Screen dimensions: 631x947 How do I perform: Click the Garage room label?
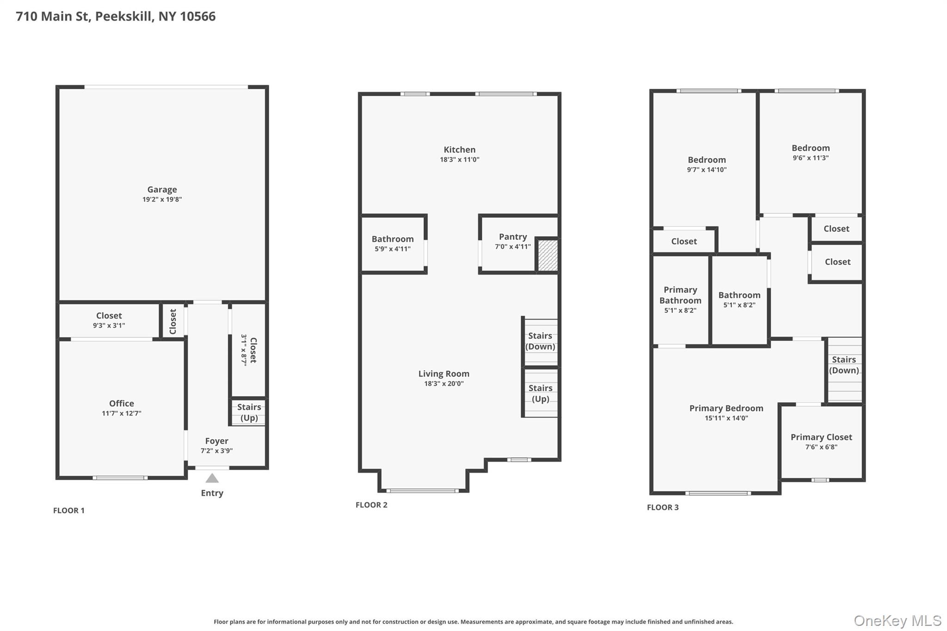(162, 190)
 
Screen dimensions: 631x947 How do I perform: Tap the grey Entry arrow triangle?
(212, 478)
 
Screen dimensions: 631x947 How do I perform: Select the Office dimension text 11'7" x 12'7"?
(122, 414)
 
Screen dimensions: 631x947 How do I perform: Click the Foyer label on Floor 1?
(216, 441)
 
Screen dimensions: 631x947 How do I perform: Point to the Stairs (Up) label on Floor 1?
(249, 412)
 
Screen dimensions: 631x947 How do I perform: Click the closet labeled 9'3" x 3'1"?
(109, 320)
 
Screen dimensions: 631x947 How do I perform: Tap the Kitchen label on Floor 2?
(459, 150)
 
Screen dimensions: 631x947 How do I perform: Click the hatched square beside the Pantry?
(548, 255)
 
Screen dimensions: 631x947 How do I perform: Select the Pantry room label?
(513, 237)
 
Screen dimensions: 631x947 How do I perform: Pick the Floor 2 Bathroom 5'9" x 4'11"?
(393, 244)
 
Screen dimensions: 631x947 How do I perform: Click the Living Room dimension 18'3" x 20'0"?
(444, 384)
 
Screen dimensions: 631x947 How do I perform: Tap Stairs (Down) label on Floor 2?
(540, 341)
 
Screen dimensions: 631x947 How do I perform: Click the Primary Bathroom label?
(680, 295)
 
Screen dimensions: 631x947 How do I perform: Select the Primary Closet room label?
(821, 437)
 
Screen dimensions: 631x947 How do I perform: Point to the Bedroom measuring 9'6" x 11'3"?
(811, 153)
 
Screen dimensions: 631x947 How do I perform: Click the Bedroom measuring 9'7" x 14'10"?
(707, 165)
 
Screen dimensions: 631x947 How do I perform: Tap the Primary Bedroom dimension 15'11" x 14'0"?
(726, 418)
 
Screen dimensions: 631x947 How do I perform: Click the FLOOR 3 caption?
(663, 508)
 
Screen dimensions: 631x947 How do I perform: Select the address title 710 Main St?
(116, 17)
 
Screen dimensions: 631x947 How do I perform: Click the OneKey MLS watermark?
(897, 621)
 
